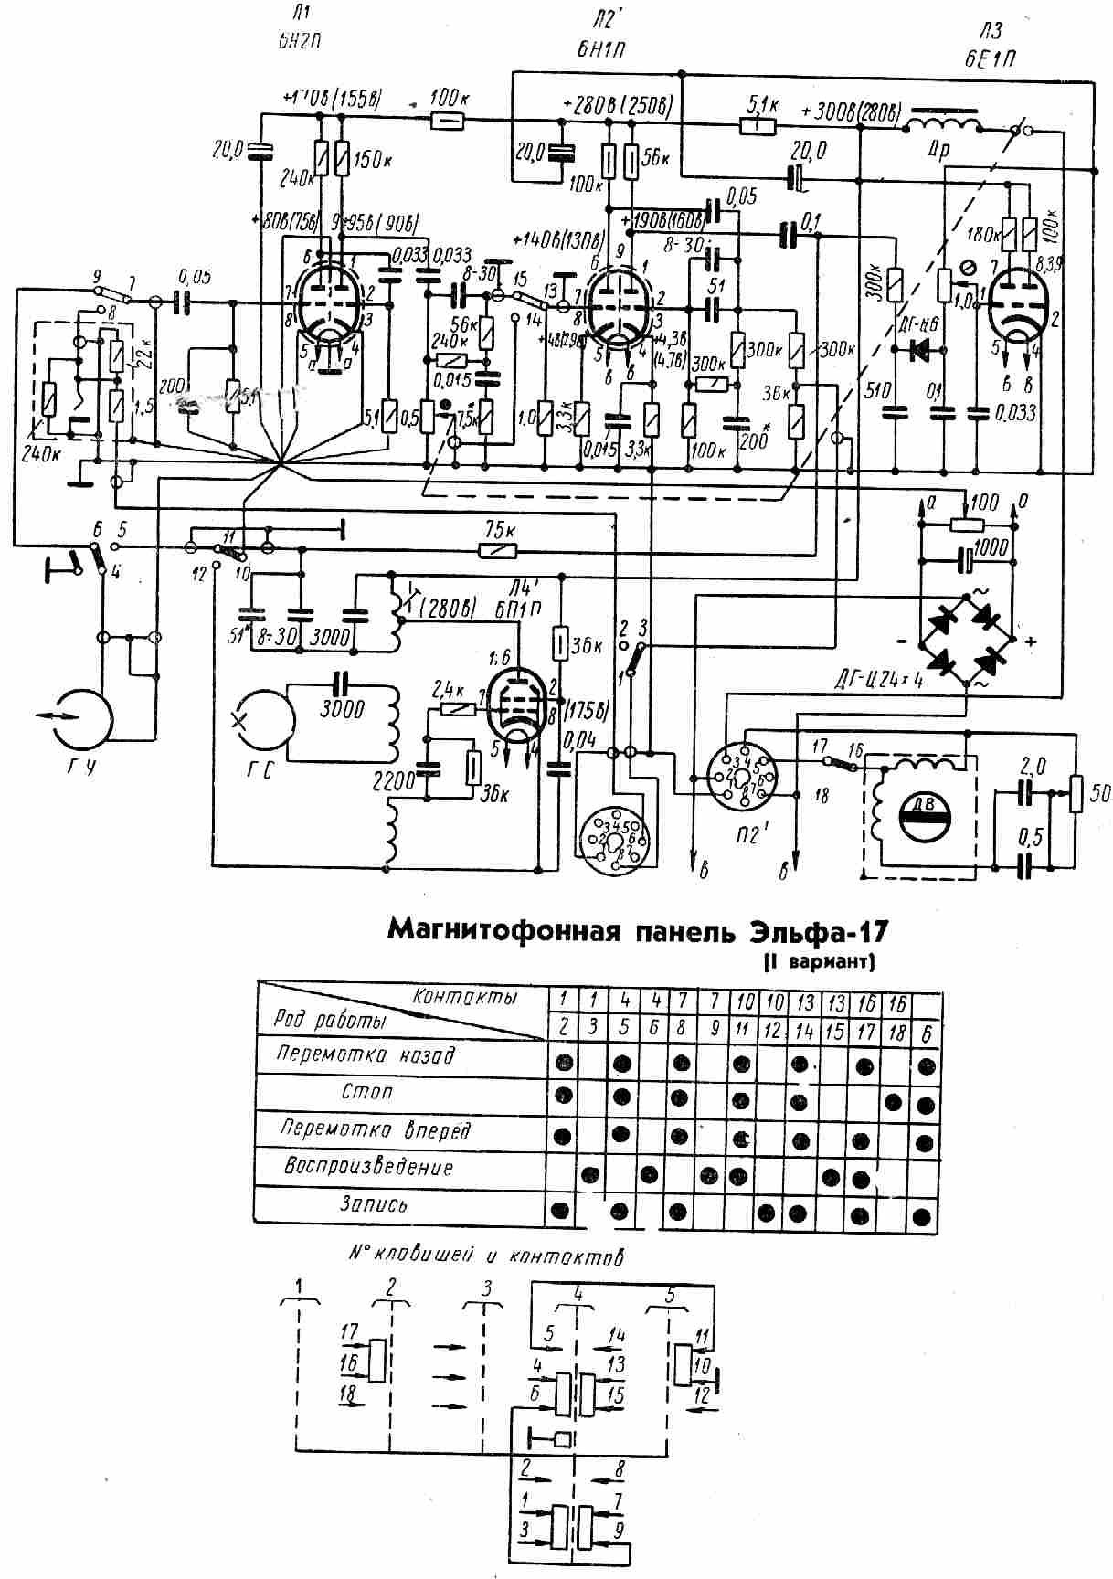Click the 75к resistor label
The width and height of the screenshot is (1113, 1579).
[498, 531]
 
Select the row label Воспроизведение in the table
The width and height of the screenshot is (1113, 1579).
[368, 1167]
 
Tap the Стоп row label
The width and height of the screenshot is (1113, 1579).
[367, 1091]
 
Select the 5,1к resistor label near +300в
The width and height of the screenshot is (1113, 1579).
[762, 104]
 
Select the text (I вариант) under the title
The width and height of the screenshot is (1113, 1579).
[818, 961]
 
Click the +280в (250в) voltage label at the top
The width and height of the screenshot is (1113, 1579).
[618, 104]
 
